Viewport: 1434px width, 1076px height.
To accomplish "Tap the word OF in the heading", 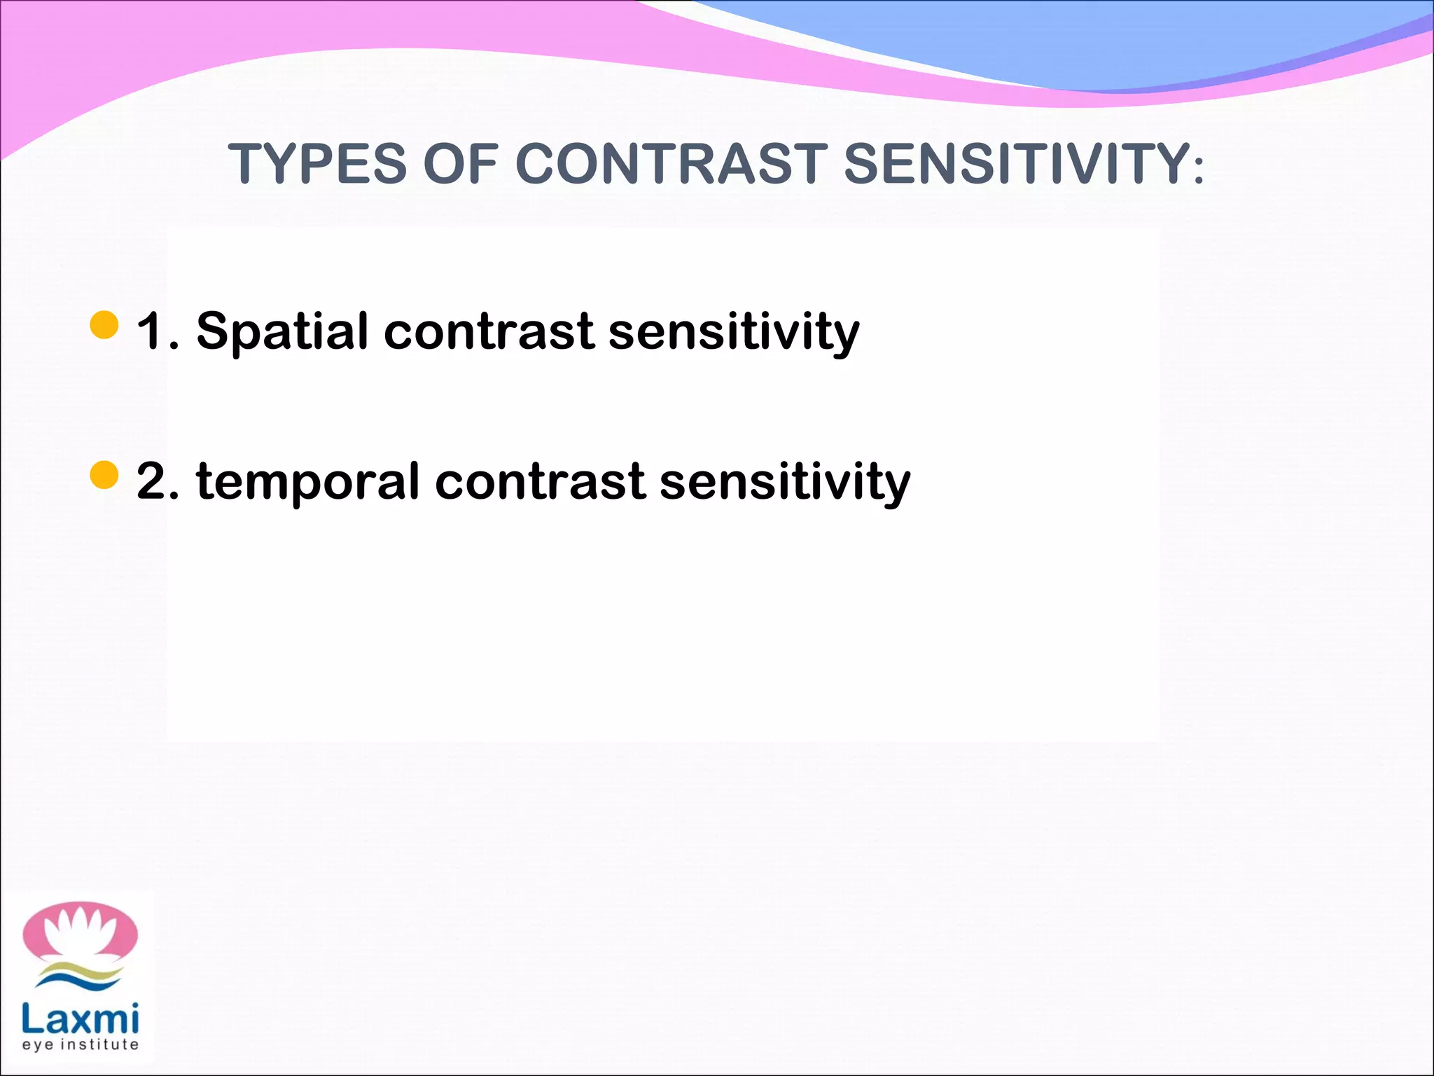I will tap(461, 164).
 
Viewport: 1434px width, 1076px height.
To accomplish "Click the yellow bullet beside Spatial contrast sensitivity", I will tap(104, 325).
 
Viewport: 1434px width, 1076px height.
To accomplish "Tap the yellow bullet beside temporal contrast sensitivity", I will tap(104, 475).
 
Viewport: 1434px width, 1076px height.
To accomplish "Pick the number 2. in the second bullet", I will tap(158, 481).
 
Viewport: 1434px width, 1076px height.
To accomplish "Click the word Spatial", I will tap(281, 332).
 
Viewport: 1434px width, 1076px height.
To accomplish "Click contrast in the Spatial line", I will tap(489, 332).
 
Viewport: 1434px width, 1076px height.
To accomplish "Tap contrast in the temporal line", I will tap(540, 482).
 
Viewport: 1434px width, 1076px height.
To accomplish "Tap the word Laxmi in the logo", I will tap(80, 1019).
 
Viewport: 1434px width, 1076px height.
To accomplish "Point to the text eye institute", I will tap(80, 1044).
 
